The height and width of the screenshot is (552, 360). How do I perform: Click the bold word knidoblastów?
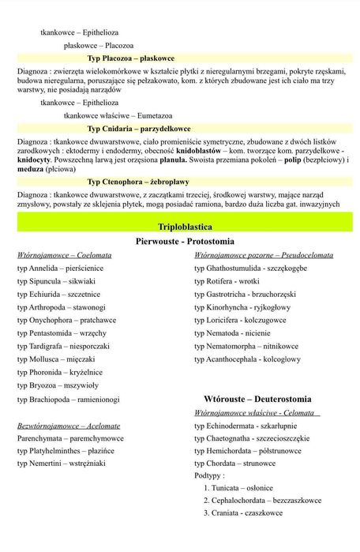(199, 150)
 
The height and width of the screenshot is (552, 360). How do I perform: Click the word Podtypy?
(209, 476)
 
